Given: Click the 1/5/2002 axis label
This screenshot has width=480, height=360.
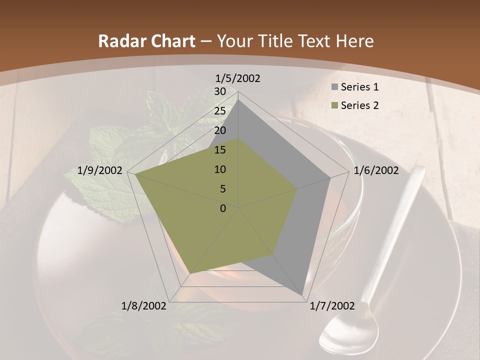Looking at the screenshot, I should [x=237, y=78].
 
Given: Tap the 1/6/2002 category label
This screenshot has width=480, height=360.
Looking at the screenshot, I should [x=376, y=170].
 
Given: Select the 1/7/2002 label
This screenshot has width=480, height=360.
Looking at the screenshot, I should [x=332, y=306].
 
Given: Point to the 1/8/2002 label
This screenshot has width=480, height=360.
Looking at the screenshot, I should [x=144, y=306].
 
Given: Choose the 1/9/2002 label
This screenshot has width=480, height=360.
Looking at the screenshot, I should [x=100, y=170].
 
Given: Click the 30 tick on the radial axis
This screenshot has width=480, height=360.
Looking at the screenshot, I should [x=219, y=91].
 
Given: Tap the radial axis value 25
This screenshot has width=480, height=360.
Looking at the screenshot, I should [x=219, y=111].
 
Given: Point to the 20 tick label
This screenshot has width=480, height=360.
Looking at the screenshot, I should [x=219, y=130].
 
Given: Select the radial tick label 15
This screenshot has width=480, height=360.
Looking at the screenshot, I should [x=219, y=150].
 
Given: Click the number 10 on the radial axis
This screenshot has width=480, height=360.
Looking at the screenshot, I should [x=219, y=169].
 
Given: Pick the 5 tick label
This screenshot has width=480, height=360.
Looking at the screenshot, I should [x=222, y=189].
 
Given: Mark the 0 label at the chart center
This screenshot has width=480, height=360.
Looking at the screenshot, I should [x=223, y=208].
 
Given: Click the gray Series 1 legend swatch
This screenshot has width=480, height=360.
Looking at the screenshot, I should [x=334, y=87].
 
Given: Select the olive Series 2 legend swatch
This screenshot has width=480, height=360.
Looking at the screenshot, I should [x=334, y=105].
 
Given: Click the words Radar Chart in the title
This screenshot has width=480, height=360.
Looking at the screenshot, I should [x=146, y=41].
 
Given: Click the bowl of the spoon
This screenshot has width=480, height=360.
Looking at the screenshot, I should [x=345, y=333].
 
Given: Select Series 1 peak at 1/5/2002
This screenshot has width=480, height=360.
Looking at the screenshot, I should [x=238, y=99].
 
